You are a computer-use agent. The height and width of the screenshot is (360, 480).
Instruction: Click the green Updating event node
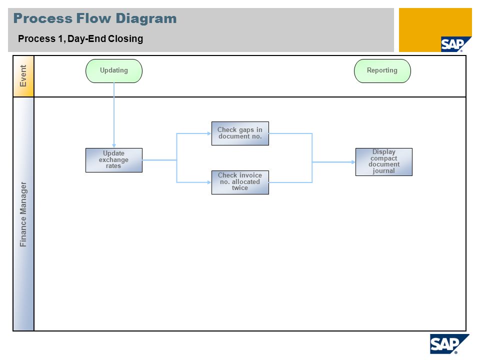(114, 70)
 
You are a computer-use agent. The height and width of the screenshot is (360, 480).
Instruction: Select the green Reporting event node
(382, 70)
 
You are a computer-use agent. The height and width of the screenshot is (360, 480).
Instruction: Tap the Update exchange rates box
(114, 160)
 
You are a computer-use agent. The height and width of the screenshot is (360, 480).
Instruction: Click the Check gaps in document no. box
(240, 133)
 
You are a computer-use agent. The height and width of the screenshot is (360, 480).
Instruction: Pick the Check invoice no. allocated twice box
(240, 182)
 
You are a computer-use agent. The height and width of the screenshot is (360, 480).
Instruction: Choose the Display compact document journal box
(384, 162)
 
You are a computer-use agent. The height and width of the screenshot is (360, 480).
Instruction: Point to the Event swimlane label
(23, 76)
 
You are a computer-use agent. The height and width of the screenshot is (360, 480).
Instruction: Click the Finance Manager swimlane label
(23, 214)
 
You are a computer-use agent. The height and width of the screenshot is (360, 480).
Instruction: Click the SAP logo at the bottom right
(449, 344)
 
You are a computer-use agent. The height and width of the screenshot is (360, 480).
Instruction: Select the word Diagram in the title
(146, 18)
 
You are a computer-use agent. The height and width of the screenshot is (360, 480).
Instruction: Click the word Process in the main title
(43, 18)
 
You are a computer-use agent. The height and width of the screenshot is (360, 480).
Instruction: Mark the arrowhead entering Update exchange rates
(114, 145)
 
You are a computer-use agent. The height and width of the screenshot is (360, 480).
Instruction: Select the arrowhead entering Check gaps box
(209, 133)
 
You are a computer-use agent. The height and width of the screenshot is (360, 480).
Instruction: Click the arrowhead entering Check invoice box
(209, 182)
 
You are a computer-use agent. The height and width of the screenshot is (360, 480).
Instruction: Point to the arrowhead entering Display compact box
(353, 162)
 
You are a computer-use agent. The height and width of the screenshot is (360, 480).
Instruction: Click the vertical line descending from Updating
(114, 115)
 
